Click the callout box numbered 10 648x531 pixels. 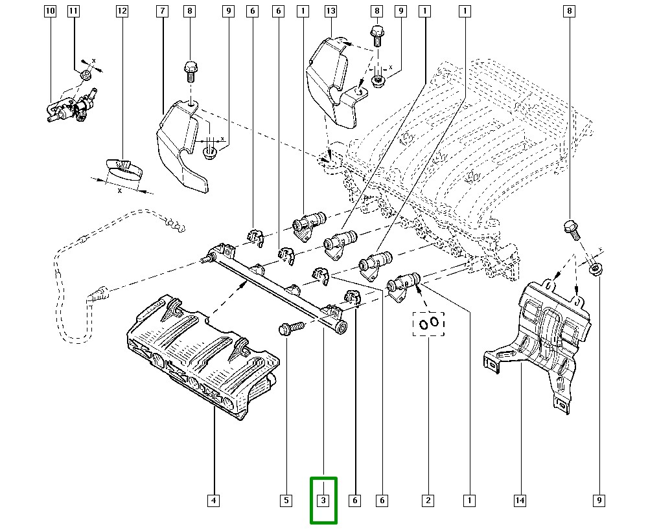pos(51,11)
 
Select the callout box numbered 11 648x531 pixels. pos(73,11)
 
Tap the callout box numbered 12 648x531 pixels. pos(122,11)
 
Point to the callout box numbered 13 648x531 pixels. pos(330,11)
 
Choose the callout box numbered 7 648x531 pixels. pos(163,11)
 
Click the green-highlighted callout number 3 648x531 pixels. pos(323,500)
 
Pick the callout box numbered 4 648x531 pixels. pos(213,500)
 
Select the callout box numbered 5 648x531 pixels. pos(285,500)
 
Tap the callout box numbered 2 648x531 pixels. pos(428,500)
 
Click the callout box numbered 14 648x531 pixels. pos(519,500)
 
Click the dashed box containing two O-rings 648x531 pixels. pos(428,322)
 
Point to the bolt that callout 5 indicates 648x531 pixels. pos(288,328)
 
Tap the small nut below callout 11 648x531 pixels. pos(86,76)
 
